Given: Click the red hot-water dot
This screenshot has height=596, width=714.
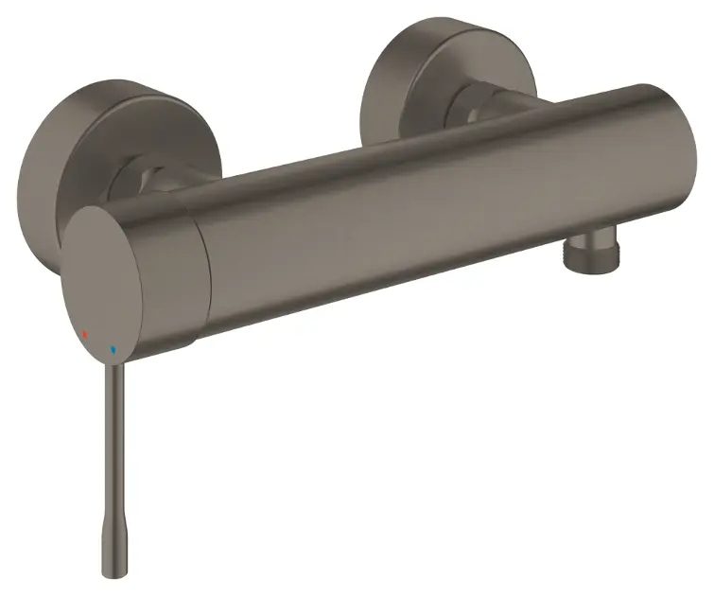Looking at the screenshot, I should [86, 335].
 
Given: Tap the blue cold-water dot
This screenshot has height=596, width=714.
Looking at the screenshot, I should [113, 349].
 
